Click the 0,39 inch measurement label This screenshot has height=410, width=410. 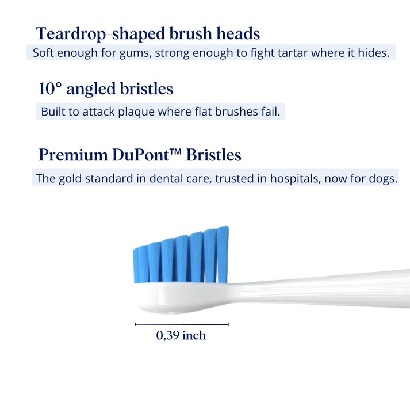181,336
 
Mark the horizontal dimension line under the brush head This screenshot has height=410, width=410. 182,324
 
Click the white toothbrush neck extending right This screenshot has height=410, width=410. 322,288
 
